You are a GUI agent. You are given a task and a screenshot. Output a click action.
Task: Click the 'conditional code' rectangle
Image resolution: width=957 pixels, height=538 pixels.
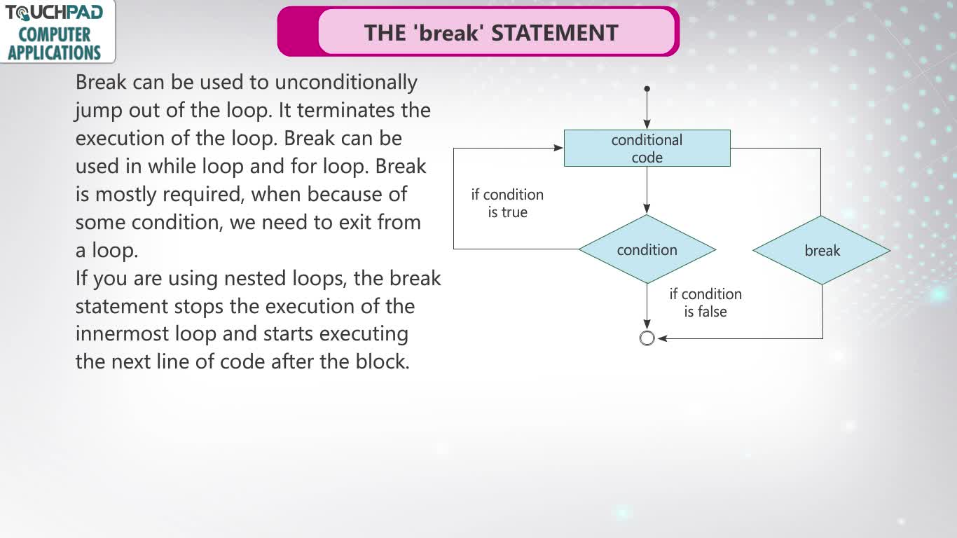click(x=647, y=149)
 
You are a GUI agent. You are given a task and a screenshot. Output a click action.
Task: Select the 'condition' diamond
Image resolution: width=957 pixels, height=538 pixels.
click(x=647, y=249)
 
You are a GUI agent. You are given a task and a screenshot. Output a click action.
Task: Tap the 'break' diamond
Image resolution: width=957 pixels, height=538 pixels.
click(x=822, y=250)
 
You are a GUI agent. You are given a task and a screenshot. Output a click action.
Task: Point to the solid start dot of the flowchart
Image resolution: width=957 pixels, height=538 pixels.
click(x=647, y=89)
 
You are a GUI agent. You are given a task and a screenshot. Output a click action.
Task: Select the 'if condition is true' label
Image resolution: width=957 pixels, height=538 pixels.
click(x=507, y=203)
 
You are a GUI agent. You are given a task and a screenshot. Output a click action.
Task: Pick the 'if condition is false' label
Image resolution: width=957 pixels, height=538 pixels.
click(x=705, y=303)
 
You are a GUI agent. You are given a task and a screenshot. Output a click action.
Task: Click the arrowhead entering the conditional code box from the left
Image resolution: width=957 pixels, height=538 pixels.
click(x=558, y=148)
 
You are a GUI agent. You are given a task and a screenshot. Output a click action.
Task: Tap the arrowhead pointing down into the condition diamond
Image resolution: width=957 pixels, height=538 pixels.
click(x=647, y=209)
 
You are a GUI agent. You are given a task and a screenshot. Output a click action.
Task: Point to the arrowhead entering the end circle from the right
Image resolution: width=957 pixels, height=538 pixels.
click(x=663, y=338)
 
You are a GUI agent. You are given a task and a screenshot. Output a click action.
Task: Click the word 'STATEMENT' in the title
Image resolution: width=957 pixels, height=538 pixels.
click(x=555, y=33)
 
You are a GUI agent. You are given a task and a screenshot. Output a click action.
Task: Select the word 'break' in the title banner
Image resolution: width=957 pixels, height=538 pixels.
click(x=448, y=33)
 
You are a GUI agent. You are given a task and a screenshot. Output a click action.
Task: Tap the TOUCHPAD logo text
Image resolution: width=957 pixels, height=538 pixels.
click(x=54, y=13)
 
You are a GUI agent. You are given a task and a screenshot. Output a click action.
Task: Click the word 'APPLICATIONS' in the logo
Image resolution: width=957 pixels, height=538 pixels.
click(x=54, y=53)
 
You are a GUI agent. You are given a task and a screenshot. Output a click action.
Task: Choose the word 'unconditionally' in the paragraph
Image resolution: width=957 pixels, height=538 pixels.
click(x=346, y=83)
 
